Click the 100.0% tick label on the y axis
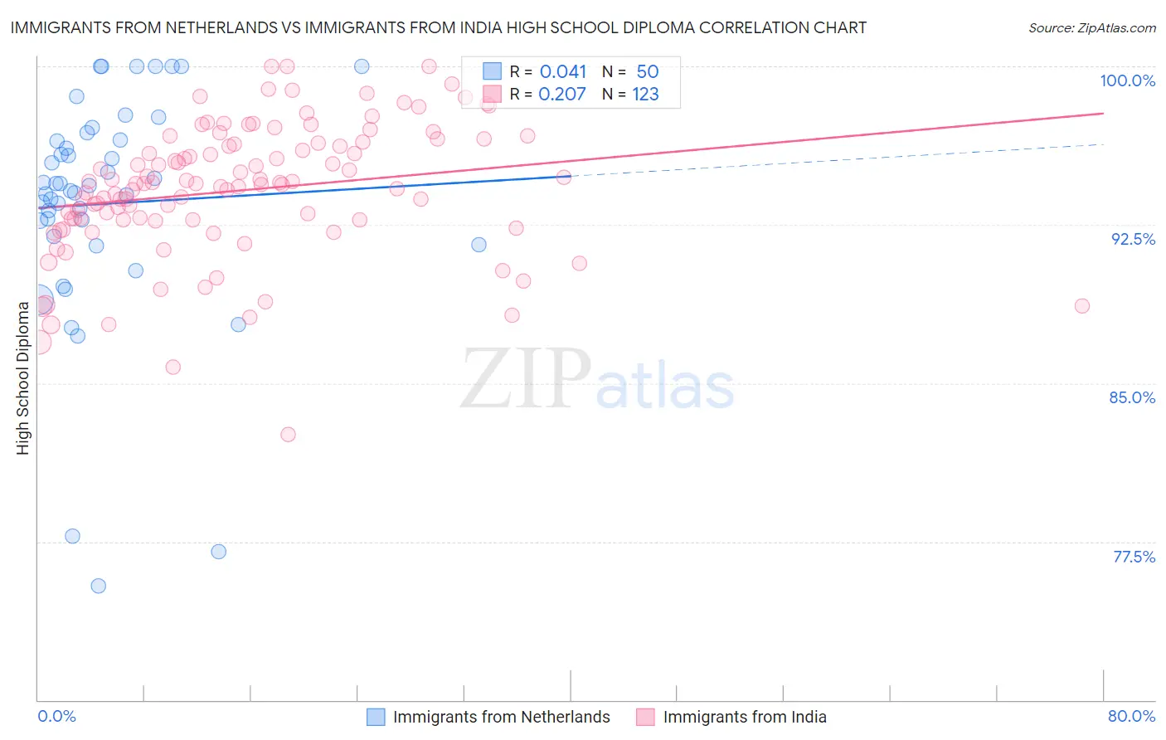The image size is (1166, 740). (1127, 80)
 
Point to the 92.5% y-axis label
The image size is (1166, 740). (1133, 239)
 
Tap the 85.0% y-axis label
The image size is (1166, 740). (1132, 397)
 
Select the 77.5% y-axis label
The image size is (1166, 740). (1134, 557)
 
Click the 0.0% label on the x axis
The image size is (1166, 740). (56, 716)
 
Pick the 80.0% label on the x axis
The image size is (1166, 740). (1131, 716)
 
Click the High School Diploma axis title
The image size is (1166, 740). (23, 377)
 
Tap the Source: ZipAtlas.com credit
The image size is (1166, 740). (1091, 27)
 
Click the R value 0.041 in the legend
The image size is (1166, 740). (562, 72)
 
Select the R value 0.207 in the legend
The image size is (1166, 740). (562, 95)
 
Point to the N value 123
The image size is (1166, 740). (645, 95)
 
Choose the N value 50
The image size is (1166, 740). (647, 72)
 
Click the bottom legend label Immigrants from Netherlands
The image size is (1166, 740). (501, 717)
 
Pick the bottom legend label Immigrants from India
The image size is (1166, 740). (744, 717)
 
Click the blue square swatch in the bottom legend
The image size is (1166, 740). (376, 717)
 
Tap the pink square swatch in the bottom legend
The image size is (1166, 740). (645, 717)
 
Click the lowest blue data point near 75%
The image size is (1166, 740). (98, 586)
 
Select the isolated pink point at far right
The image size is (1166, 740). (1081, 306)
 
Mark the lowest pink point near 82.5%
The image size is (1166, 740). (288, 435)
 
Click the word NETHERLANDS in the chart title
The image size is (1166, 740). (221, 27)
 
